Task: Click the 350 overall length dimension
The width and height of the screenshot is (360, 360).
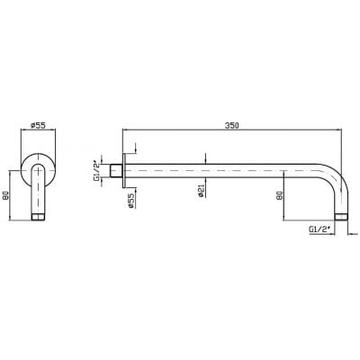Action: [x=231, y=125]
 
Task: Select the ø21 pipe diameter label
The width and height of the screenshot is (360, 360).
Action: [x=201, y=191]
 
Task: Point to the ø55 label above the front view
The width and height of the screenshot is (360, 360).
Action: [x=38, y=125]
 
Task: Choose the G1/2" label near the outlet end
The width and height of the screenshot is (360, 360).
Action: [x=319, y=229]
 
